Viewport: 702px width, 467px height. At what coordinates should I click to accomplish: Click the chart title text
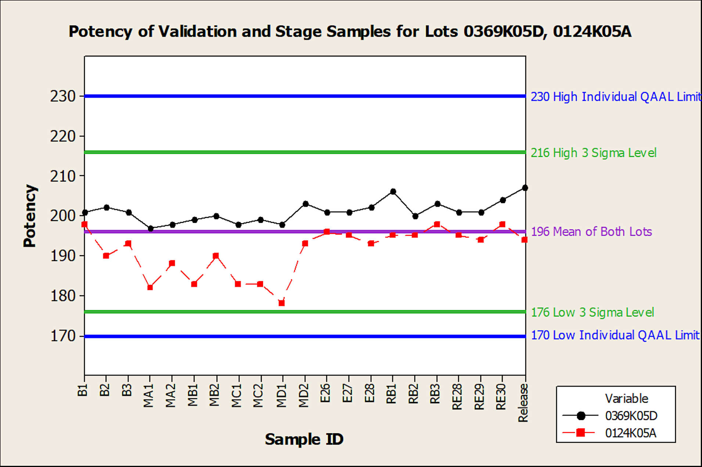[x=350, y=32]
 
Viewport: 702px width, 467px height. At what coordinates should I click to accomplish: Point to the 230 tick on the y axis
[x=62, y=97]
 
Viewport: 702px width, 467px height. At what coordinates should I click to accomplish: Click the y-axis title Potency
[x=30, y=216]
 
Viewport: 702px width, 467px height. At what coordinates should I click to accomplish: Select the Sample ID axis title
[x=304, y=439]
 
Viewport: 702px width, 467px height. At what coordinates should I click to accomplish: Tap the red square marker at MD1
[x=282, y=303]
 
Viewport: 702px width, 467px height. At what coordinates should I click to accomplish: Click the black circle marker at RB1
[x=393, y=192]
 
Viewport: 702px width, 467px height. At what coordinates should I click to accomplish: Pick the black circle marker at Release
[x=525, y=188]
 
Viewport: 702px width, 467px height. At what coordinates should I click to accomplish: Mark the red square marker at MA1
[x=150, y=287]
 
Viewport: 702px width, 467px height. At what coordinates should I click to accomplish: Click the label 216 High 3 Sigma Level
[x=593, y=153]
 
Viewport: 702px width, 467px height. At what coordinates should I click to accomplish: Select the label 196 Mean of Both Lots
[x=591, y=232]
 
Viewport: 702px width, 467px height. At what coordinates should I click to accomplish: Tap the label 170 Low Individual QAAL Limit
[x=615, y=335]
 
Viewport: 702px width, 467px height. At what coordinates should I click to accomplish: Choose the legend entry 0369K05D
[x=631, y=416]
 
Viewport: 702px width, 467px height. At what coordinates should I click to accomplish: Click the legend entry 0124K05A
[x=630, y=433]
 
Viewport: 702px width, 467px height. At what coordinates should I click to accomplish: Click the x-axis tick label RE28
[x=457, y=397]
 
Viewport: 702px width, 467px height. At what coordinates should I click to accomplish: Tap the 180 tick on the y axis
[x=62, y=296]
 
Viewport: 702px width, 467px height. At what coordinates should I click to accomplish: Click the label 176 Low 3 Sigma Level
[x=592, y=312]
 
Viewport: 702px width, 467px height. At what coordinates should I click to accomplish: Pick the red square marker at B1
[x=84, y=224]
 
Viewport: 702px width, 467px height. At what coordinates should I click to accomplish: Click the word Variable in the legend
[x=626, y=399]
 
